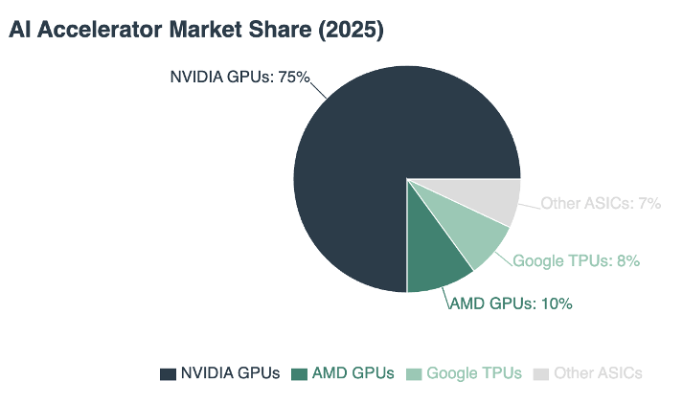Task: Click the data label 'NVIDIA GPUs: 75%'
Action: pos(239,77)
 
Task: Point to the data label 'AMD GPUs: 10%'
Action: pos(511,303)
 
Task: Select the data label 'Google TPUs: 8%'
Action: pos(576,259)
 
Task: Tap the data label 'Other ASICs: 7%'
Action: pos(601,203)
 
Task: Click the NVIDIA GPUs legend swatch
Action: pos(168,373)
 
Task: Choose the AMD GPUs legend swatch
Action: pos(299,373)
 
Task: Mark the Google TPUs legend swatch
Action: pos(413,373)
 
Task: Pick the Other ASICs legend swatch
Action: pos(541,373)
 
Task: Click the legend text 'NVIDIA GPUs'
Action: pos(230,373)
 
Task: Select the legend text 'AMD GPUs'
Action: pos(353,373)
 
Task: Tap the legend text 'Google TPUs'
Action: pos(474,373)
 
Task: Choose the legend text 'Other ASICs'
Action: pos(598,373)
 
